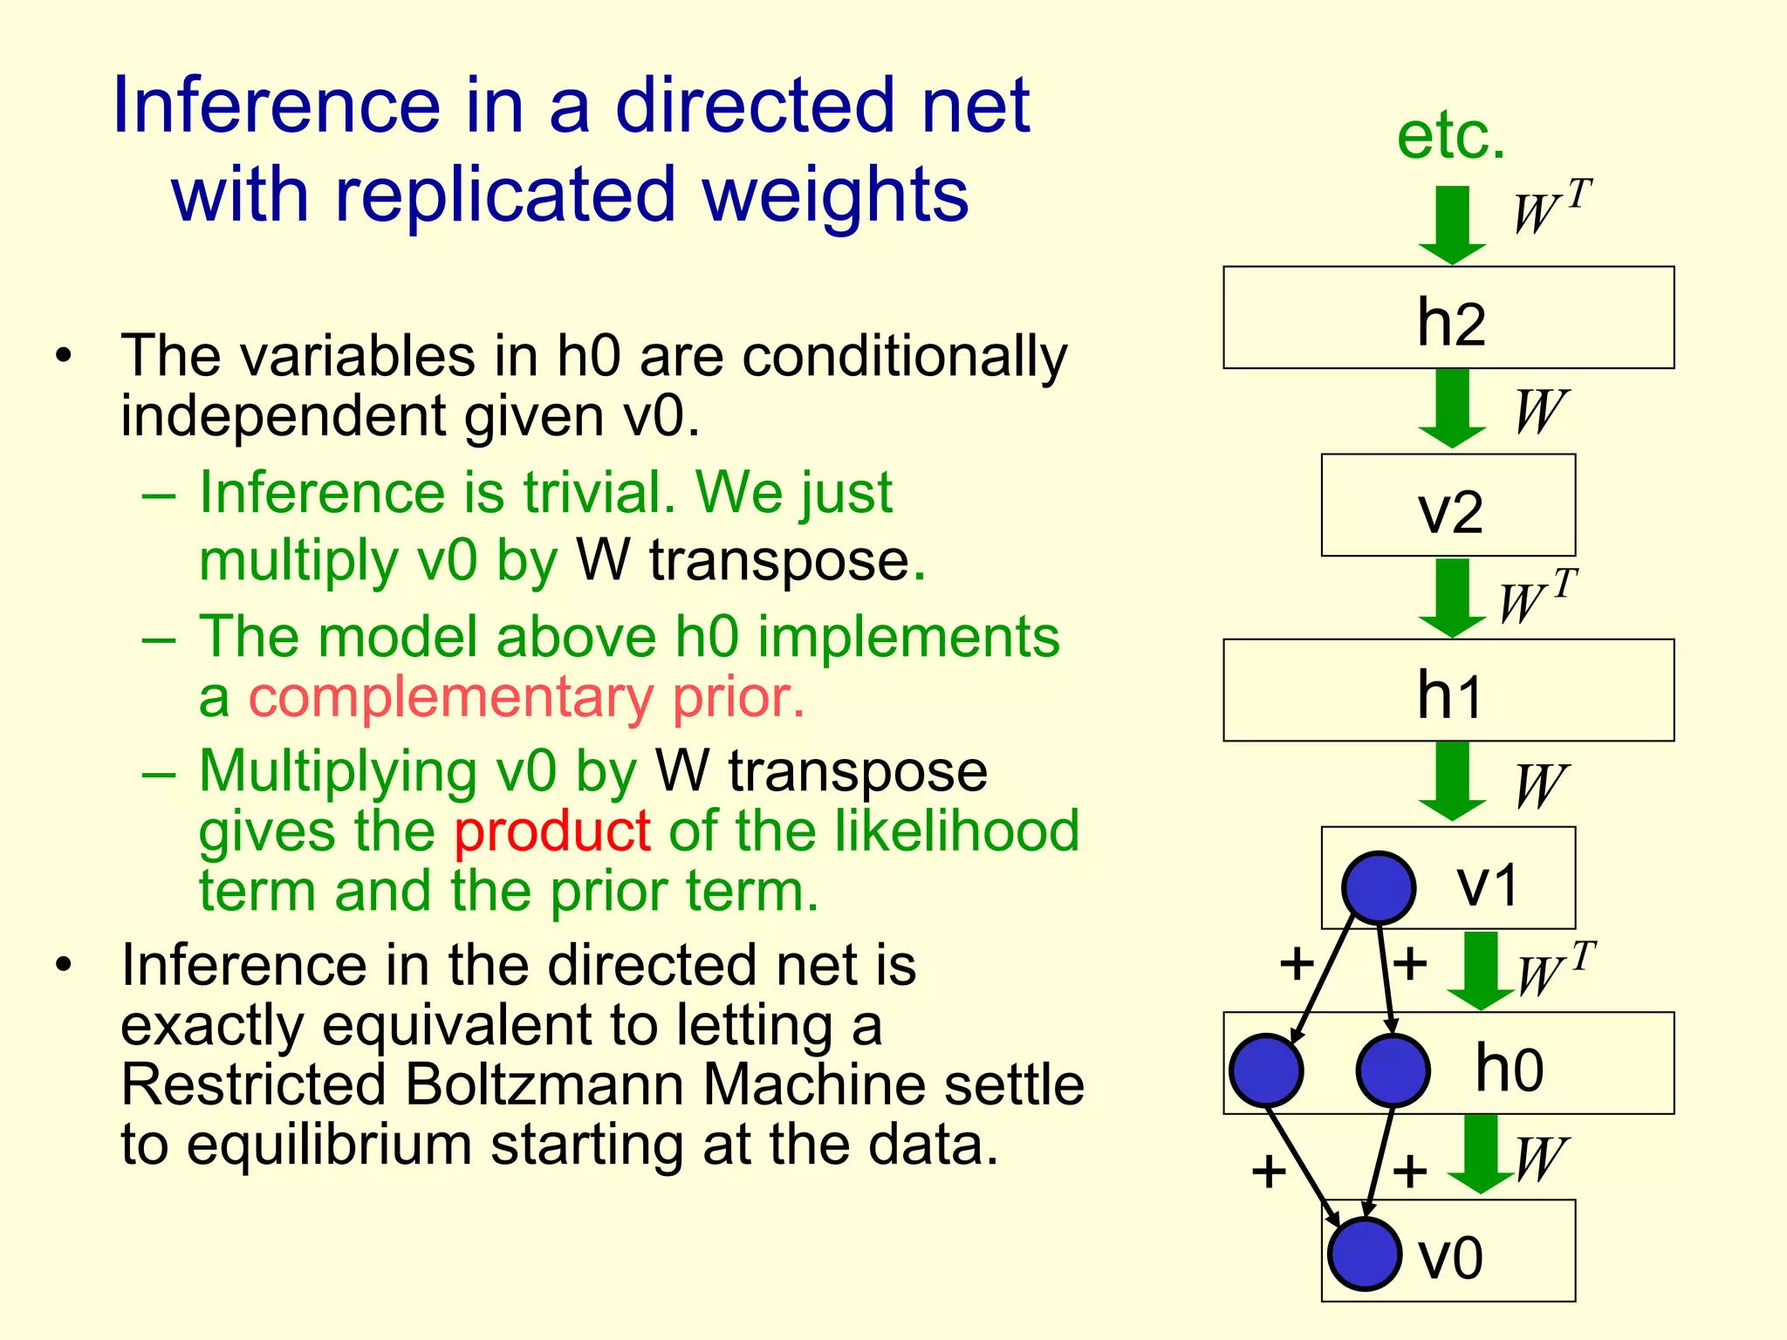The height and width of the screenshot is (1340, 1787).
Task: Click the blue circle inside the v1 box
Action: pos(1378,887)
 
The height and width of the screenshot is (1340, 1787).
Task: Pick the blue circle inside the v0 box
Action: pos(1364,1254)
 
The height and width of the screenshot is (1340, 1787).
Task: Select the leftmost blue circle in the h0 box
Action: pos(1265,1070)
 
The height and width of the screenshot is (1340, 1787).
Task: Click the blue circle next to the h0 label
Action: pos(1393,1070)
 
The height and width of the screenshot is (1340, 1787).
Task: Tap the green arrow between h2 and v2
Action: pos(1452,407)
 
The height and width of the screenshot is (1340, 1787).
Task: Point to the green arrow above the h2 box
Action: pos(1452,224)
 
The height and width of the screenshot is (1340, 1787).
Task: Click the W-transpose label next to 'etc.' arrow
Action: pos(1551,209)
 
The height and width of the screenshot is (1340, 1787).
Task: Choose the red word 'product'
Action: pos(551,831)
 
